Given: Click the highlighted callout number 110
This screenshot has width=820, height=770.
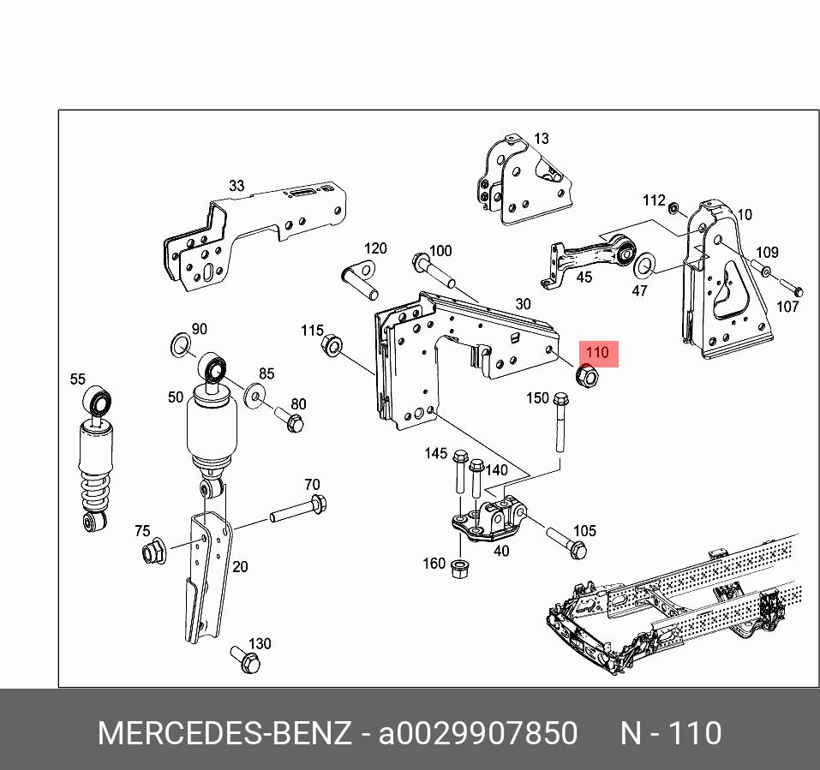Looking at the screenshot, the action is pyautogui.click(x=597, y=353).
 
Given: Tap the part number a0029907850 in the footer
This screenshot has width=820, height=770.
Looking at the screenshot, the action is pyautogui.click(x=477, y=734).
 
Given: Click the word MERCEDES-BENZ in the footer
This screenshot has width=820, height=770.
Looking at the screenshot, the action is pyautogui.click(x=224, y=734).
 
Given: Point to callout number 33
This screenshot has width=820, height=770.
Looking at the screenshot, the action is pyautogui.click(x=236, y=186).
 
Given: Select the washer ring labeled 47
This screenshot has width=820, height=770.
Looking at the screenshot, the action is pyautogui.click(x=644, y=266).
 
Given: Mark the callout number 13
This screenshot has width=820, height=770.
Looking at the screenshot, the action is pyautogui.click(x=541, y=139).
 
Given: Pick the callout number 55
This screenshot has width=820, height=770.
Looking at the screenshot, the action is pyautogui.click(x=78, y=379).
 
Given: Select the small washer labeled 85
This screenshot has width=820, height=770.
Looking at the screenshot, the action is pyautogui.click(x=254, y=394).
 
